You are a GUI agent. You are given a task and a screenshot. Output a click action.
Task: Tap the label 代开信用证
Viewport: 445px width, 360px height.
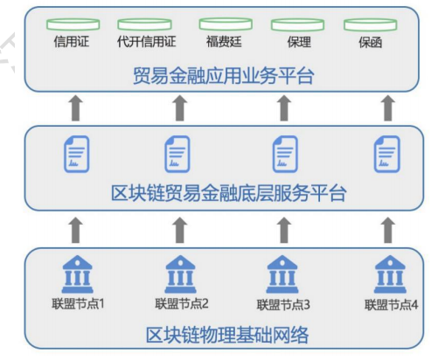coord(145,41)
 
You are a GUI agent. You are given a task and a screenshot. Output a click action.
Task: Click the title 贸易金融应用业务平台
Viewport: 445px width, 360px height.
coord(224,77)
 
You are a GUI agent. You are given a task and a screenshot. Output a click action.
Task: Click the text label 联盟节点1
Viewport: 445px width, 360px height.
coord(78,305)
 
